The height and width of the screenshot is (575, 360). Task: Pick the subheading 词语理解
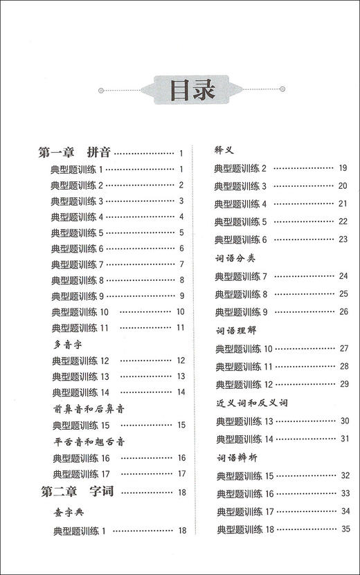(235, 330)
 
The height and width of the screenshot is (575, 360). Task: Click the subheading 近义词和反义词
(251, 402)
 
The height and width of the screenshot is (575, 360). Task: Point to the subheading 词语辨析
(235, 457)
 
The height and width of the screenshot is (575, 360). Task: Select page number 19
(343, 168)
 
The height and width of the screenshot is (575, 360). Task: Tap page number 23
(343, 239)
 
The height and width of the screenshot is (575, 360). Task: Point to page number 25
(343, 294)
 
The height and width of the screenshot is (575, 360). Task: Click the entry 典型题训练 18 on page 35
(246, 529)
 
